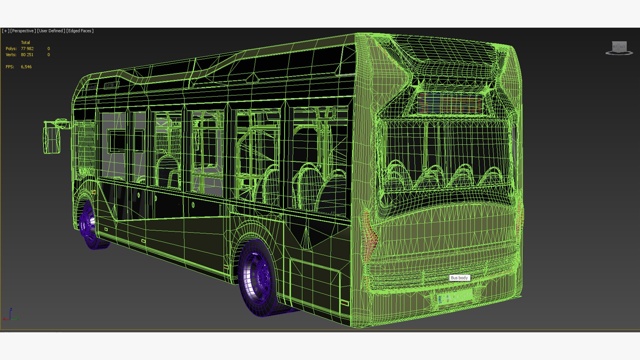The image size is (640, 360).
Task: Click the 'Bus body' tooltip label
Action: coord(459,278)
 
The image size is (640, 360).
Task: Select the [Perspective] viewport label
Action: coord(23,31)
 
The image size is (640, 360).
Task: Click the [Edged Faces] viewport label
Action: coord(80,31)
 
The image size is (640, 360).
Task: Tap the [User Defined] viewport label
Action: coord(51,31)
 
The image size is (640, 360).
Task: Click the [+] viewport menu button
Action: coord(5,31)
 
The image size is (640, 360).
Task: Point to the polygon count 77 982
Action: coord(27,49)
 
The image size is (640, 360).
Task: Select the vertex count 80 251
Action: coord(27,55)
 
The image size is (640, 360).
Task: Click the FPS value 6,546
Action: coord(26,67)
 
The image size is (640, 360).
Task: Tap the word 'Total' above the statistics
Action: coord(25,42)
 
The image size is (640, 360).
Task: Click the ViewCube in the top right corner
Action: coord(619,48)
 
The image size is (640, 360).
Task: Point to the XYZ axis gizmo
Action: coord(10,315)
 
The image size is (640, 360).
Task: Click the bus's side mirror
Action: coord(52,137)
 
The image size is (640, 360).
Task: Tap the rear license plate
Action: coord(455,296)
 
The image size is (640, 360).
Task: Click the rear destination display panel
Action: coord(450,103)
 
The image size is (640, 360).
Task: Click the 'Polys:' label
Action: coord(11,49)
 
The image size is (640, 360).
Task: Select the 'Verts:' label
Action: coord(11,55)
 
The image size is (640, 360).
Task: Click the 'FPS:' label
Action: coord(10,67)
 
